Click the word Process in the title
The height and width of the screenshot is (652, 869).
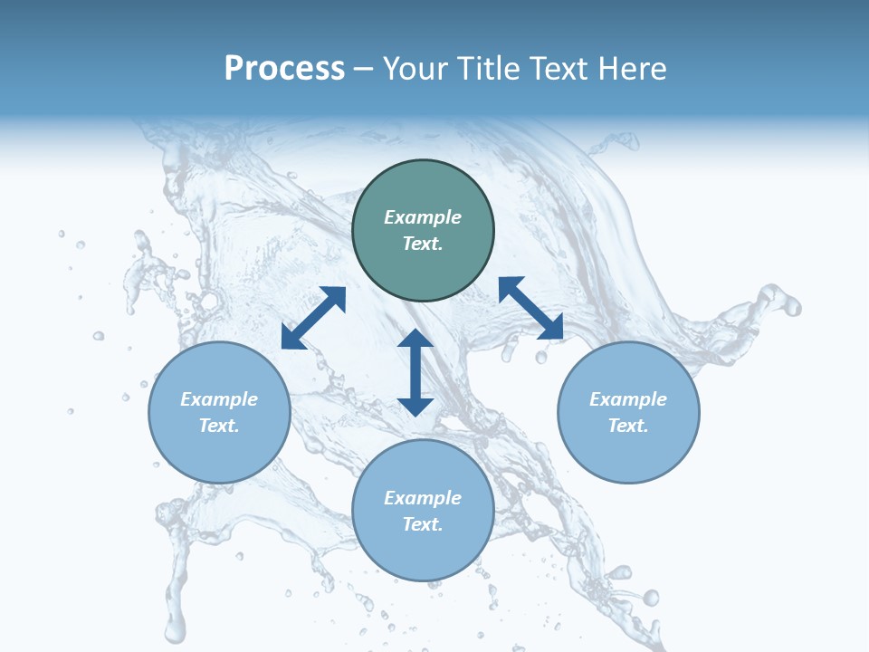(x=284, y=69)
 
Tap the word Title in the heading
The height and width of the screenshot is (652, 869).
(x=492, y=69)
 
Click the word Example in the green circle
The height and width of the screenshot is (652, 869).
(x=423, y=217)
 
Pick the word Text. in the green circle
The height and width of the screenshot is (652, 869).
(x=423, y=244)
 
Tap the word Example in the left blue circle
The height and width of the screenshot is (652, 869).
(x=219, y=399)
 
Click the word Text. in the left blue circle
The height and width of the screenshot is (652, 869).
(x=219, y=426)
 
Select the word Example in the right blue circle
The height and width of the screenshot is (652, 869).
(x=628, y=399)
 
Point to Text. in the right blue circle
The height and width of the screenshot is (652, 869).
(x=628, y=426)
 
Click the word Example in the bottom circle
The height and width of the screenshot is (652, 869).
(x=423, y=498)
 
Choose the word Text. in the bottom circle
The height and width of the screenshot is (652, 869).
(x=423, y=524)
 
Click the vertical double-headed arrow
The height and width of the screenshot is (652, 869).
(x=415, y=372)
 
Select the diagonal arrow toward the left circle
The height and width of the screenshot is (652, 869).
(x=313, y=318)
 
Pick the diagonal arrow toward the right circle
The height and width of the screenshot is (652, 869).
(x=530, y=309)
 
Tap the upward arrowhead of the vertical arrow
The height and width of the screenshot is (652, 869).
(x=415, y=339)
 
